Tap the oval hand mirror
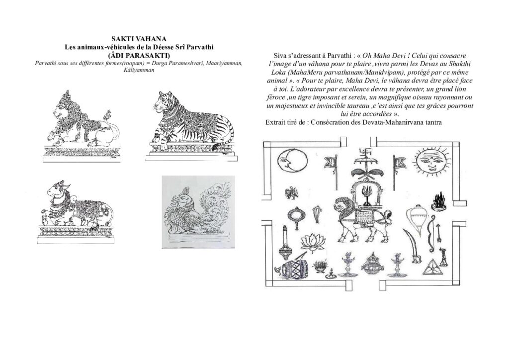coord(295,217)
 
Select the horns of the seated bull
coord(60,185)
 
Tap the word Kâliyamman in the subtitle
coord(139,70)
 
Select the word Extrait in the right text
coord(275,122)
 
